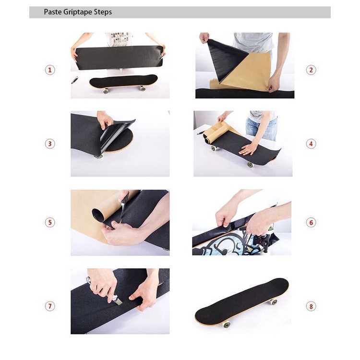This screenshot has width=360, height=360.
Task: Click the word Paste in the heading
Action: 52,12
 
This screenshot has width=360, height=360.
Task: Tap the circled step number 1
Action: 50,70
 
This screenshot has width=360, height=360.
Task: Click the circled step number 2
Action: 311,70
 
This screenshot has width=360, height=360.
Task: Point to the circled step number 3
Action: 50,144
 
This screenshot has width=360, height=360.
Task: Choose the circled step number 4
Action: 311,144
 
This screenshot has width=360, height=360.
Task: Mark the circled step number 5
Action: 50,222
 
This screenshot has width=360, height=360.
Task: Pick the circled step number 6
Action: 311,222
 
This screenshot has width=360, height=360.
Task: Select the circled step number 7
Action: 50,306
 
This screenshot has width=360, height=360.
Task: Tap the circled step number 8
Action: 311,306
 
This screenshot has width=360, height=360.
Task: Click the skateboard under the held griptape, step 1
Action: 123,83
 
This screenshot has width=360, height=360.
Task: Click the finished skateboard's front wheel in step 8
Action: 226,325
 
